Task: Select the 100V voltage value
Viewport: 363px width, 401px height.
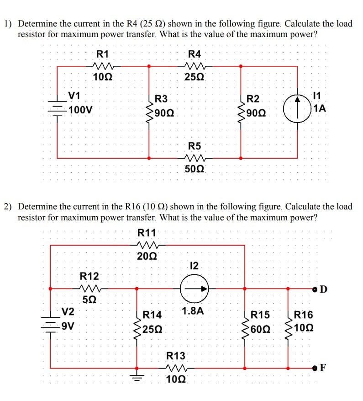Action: (81, 110)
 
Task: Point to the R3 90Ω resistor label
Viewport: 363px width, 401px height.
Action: (161, 99)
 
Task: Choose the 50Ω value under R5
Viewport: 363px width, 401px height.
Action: (195, 170)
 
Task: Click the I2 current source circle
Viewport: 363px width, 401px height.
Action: (195, 289)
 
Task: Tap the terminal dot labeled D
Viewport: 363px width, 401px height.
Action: (316, 289)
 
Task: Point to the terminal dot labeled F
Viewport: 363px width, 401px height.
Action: (315, 368)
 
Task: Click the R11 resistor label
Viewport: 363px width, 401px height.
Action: (147, 233)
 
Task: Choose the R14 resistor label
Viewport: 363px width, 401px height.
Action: (153, 315)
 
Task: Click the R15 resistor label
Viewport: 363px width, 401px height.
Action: (260, 315)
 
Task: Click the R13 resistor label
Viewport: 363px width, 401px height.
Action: (176, 356)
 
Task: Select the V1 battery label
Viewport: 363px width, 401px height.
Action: (74, 96)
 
